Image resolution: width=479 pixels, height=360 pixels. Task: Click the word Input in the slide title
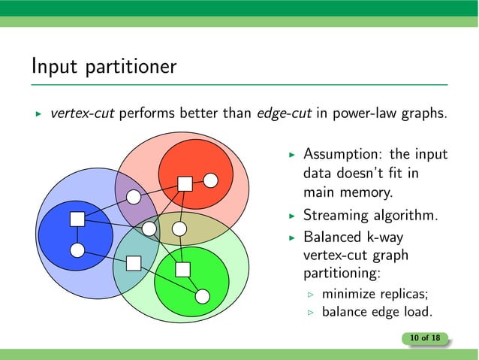pyautogui.click(x=51, y=67)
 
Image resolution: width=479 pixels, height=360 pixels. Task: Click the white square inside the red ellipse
pyautogui.click(x=184, y=182)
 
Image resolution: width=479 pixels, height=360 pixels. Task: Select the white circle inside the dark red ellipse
pyautogui.click(x=211, y=180)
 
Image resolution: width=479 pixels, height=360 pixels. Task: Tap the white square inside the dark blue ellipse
pyautogui.click(x=76, y=219)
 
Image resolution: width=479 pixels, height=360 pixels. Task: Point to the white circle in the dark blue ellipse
pyautogui.click(x=77, y=250)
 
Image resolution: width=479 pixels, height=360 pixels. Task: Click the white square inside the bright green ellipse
pyautogui.click(x=182, y=269)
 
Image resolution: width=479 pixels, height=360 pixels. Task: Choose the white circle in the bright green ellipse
pyautogui.click(x=202, y=295)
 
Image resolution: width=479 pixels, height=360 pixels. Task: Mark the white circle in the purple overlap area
pyautogui.click(x=134, y=197)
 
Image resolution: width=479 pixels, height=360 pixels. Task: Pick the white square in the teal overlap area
pyautogui.click(x=134, y=262)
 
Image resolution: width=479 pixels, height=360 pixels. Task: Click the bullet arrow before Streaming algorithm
pyautogui.click(x=294, y=216)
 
